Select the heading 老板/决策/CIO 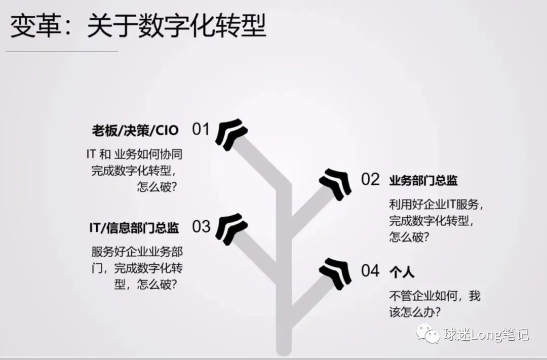pos(135,130)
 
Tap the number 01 pos(201,129)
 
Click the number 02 pos(370,179)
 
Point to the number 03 pos(201,226)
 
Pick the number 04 pos(370,271)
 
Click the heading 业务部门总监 pos(423,180)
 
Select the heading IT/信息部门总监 pos(134,228)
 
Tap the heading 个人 pos(402,272)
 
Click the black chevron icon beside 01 pos(232,132)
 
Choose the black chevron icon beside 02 pos(335,181)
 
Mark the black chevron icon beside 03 pos(232,227)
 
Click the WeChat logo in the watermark pos(428,334)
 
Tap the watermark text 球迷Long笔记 pos(485,334)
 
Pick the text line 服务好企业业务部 pos(137,251)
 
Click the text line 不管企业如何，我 pos(435,296)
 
